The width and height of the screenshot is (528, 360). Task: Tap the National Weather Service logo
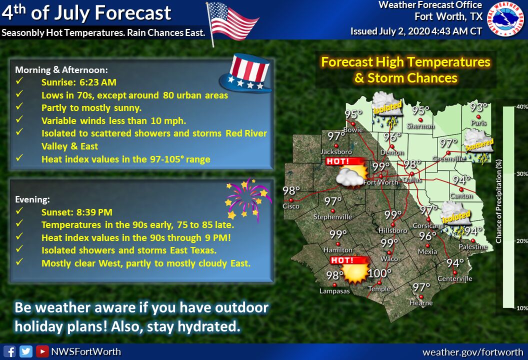click(x=506, y=18)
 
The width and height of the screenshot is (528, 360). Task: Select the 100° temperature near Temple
click(x=379, y=273)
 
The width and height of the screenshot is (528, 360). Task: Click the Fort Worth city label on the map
click(x=380, y=182)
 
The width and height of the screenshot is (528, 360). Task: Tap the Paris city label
click(x=478, y=123)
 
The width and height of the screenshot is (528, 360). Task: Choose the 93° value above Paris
click(x=479, y=107)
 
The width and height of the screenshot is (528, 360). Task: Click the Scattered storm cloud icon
click(x=479, y=146)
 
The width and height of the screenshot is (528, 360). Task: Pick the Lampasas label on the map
click(x=334, y=291)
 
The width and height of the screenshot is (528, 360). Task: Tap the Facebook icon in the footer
click(x=10, y=351)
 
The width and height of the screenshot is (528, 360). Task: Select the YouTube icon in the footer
click(x=42, y=351)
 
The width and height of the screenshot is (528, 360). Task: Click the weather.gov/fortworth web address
click(x=473, y=352)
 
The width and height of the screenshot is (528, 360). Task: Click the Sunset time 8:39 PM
click(x=94, y=212)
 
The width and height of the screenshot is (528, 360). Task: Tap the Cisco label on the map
click(x=291, y=206)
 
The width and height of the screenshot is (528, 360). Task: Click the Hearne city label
click(x=421, y=303)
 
